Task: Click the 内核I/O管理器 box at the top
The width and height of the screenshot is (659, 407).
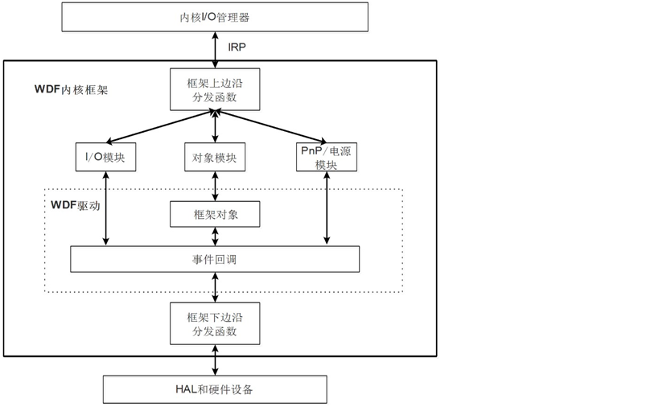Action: point(215,17)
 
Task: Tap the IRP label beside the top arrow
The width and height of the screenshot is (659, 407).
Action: point(237,47)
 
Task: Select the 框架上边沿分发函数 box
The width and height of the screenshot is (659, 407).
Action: point(215,89)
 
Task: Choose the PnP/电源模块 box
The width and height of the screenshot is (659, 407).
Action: point(326,157)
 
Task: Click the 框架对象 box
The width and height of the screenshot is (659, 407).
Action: point(215,215)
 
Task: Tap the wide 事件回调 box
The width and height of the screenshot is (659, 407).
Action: point(215,259)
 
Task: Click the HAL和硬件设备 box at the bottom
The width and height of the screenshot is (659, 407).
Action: point(215,389)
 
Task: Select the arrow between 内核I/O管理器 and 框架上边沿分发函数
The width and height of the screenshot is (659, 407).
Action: point(215,50)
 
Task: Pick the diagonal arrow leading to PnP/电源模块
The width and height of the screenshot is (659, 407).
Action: point(270,127)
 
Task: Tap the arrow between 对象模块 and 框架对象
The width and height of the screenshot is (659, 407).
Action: point(215,186)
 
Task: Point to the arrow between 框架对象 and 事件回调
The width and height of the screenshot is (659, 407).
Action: point(215,236)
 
